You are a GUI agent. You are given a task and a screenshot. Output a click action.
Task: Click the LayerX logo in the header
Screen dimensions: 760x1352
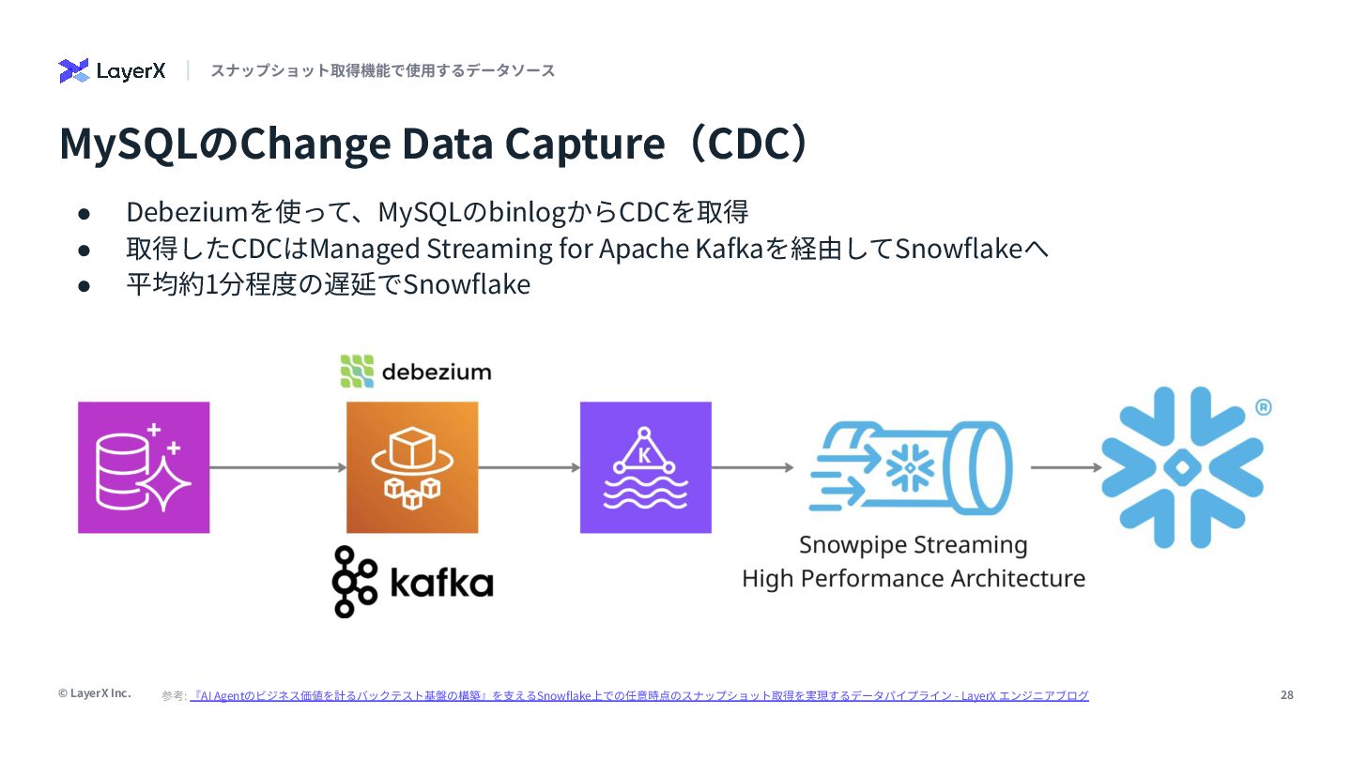point(112,71)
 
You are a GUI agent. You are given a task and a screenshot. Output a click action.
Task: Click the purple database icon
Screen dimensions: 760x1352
point(144,467)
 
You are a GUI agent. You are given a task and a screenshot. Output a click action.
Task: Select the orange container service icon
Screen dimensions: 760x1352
point(412,467)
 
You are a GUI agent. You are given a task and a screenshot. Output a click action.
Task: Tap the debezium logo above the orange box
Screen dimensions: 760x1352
point(415,372)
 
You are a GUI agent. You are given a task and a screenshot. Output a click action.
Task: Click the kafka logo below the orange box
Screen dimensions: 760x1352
point(412,582)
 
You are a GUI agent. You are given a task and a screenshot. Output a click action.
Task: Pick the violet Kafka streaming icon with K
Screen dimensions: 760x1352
point(646,467)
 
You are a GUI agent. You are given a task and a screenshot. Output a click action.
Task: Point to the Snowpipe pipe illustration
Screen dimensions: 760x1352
point(910,467)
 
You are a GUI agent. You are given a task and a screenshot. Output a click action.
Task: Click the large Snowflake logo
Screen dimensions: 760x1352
point(1182,467)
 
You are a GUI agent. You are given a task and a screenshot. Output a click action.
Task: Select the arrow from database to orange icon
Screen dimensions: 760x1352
point(278,467)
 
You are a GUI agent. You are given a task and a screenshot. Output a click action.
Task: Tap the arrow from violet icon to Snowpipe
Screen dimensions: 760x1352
point(752,467)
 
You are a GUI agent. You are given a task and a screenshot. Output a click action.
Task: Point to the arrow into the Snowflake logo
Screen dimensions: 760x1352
point(1066,467)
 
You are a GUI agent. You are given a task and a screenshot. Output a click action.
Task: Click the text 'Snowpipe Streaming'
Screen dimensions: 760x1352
point(913,545)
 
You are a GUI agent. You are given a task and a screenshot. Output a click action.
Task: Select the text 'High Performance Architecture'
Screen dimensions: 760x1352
point(913,578)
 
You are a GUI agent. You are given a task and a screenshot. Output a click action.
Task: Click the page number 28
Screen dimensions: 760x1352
point(1286,695)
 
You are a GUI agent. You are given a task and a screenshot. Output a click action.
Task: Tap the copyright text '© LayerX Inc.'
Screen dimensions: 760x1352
point(94,693)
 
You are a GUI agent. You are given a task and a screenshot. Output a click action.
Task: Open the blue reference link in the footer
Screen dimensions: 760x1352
point(638,696)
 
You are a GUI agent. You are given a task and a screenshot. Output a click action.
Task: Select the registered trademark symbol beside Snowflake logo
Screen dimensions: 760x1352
point(1263,407)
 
